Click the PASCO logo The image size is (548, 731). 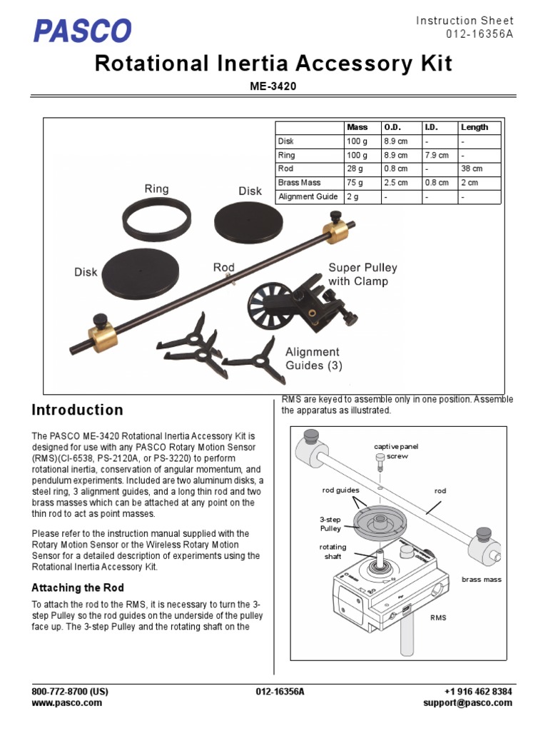pyautogui.click(x=82, y=30)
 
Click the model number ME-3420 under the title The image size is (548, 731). pyautogui.click(x=273, y=86)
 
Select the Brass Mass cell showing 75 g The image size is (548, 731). pyautogui.click(x=357, y=182)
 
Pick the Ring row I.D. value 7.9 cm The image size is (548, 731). pyautogui.click(x=437, y=155)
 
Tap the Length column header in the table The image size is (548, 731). pyautogui.click(x=474, y=127)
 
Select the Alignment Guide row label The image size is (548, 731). pyautogui.click(x=308, y=196)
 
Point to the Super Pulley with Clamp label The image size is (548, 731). pyautogui.click(x=362, y=274)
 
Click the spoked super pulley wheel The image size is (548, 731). pyautogui.click(x=270, y=304)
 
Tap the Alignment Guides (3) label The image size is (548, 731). pyautogui.click(x=313, y=358)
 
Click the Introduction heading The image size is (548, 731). pyautogui.click(x=77, y=410)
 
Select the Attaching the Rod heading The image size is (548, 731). pyautogui.click(x=78, y=588)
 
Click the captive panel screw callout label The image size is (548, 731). pyautogui.click(x=396, y=450)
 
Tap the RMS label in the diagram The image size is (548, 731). pyautogui.click(x=437, y=617)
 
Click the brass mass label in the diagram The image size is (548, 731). pyautogui.click(x=482, y=580)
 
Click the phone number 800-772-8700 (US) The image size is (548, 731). pyautogui.click(x=70, y=692)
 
